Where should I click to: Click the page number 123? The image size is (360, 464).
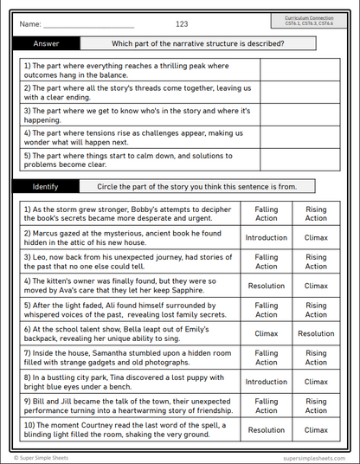coord(182,23)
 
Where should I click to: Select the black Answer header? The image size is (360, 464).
coord(46,43)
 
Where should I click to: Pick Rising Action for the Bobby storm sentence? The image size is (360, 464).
coord(316,213)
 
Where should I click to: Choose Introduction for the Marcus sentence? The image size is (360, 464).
coord(267,237)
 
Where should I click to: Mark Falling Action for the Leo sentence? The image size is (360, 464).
coord(267,261)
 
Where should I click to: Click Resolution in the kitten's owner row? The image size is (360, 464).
coord(267,286)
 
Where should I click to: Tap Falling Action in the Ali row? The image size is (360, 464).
coord(267,309)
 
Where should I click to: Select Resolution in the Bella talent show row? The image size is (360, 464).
coord(316,333)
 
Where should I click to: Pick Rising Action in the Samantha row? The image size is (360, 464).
coord(316,357)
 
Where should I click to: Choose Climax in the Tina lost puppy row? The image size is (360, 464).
coord(316,381)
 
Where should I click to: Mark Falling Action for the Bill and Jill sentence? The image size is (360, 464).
coord(267,405)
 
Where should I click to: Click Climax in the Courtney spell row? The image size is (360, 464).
coord(316,429)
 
